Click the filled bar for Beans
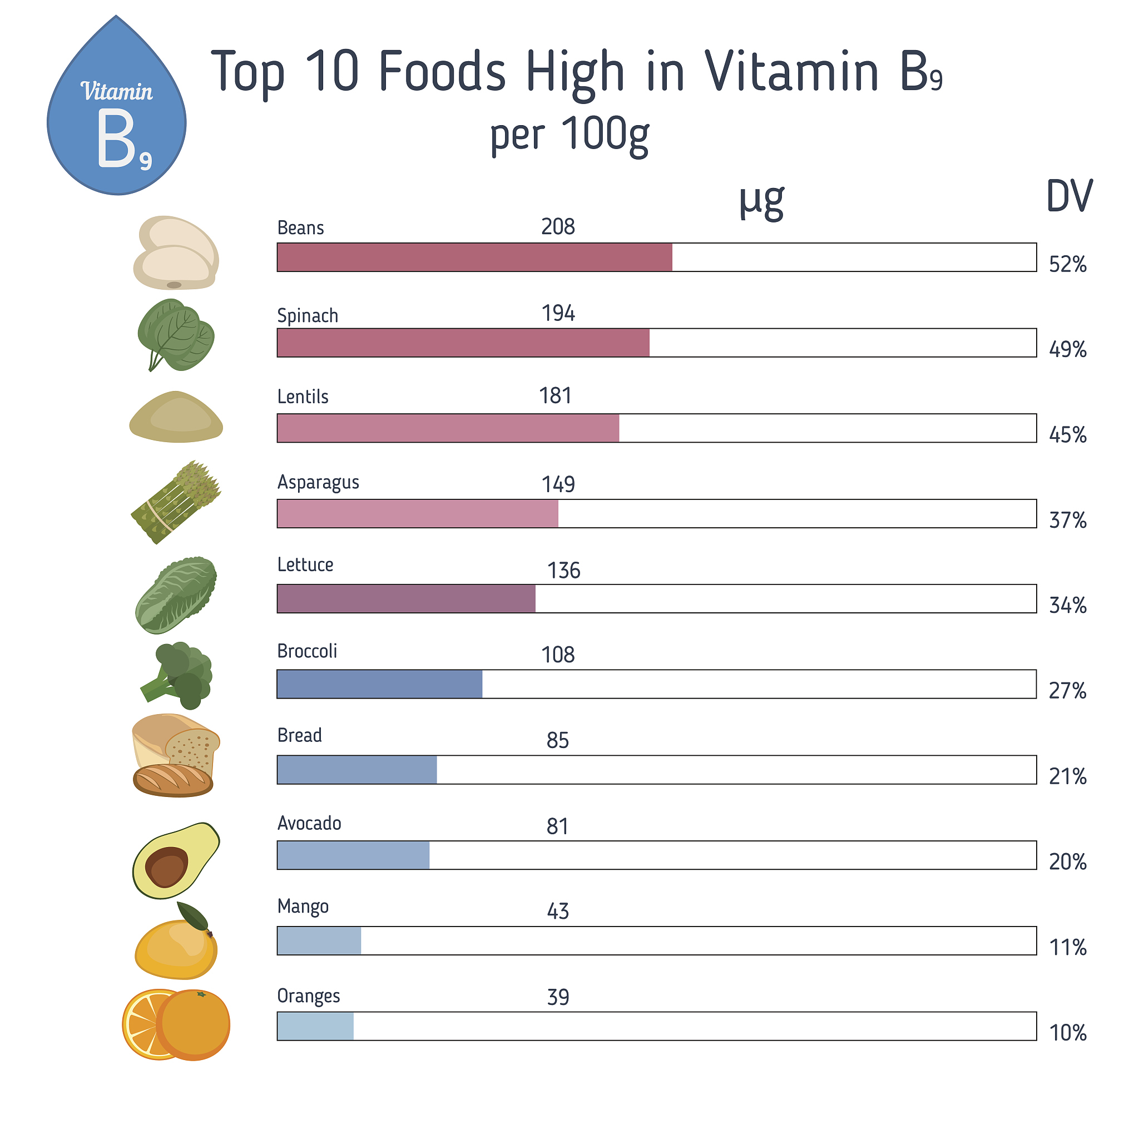click(x=474, y=257)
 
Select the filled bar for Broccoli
click(x=379, y=684)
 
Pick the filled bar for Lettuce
click(x=405, y=598)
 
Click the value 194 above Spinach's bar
click(x=558, y=313)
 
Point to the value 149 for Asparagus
click(x=558, y=484)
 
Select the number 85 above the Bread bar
click(x=557, y=740)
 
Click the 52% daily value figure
click(x=1067, y=264)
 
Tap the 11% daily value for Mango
click(x=1067, y=947)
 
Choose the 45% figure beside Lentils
click(x=1067, y=435)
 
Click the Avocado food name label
click(x=309, y=823)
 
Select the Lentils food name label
click(x=303, y=397)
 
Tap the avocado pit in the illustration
click(x=166, y=866)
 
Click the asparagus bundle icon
click(x=176, y=502)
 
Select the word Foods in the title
click(x=442, y=71)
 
